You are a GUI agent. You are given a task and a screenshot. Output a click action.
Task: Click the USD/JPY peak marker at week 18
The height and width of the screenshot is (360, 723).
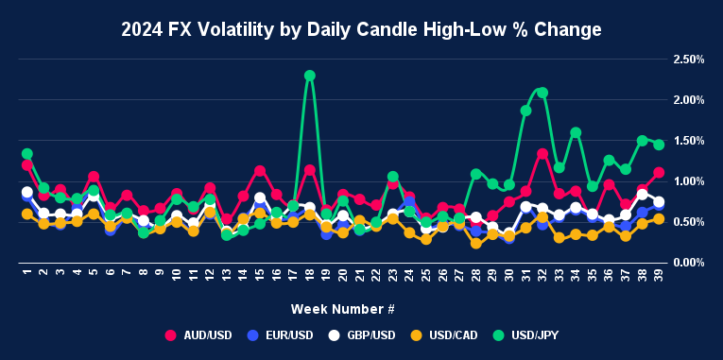point(310,76)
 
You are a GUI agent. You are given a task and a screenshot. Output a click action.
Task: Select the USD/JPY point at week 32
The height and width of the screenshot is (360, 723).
point(542,93)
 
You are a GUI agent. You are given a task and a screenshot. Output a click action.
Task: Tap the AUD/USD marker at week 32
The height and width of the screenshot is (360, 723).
point(542,154)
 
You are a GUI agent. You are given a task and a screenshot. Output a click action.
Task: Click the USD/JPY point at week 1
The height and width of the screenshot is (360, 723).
point(27,154)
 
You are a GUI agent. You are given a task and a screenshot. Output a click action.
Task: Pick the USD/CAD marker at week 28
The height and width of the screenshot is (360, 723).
point(476,244)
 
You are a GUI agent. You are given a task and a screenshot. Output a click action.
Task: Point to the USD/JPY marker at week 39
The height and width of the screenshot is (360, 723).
point(659,145)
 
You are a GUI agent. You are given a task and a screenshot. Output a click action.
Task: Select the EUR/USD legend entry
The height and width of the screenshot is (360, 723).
point(282,334)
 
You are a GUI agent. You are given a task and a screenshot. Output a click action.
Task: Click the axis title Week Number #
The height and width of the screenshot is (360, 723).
point(341,309)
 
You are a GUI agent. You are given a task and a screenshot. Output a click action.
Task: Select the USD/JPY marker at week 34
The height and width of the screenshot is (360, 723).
point(576,132)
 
